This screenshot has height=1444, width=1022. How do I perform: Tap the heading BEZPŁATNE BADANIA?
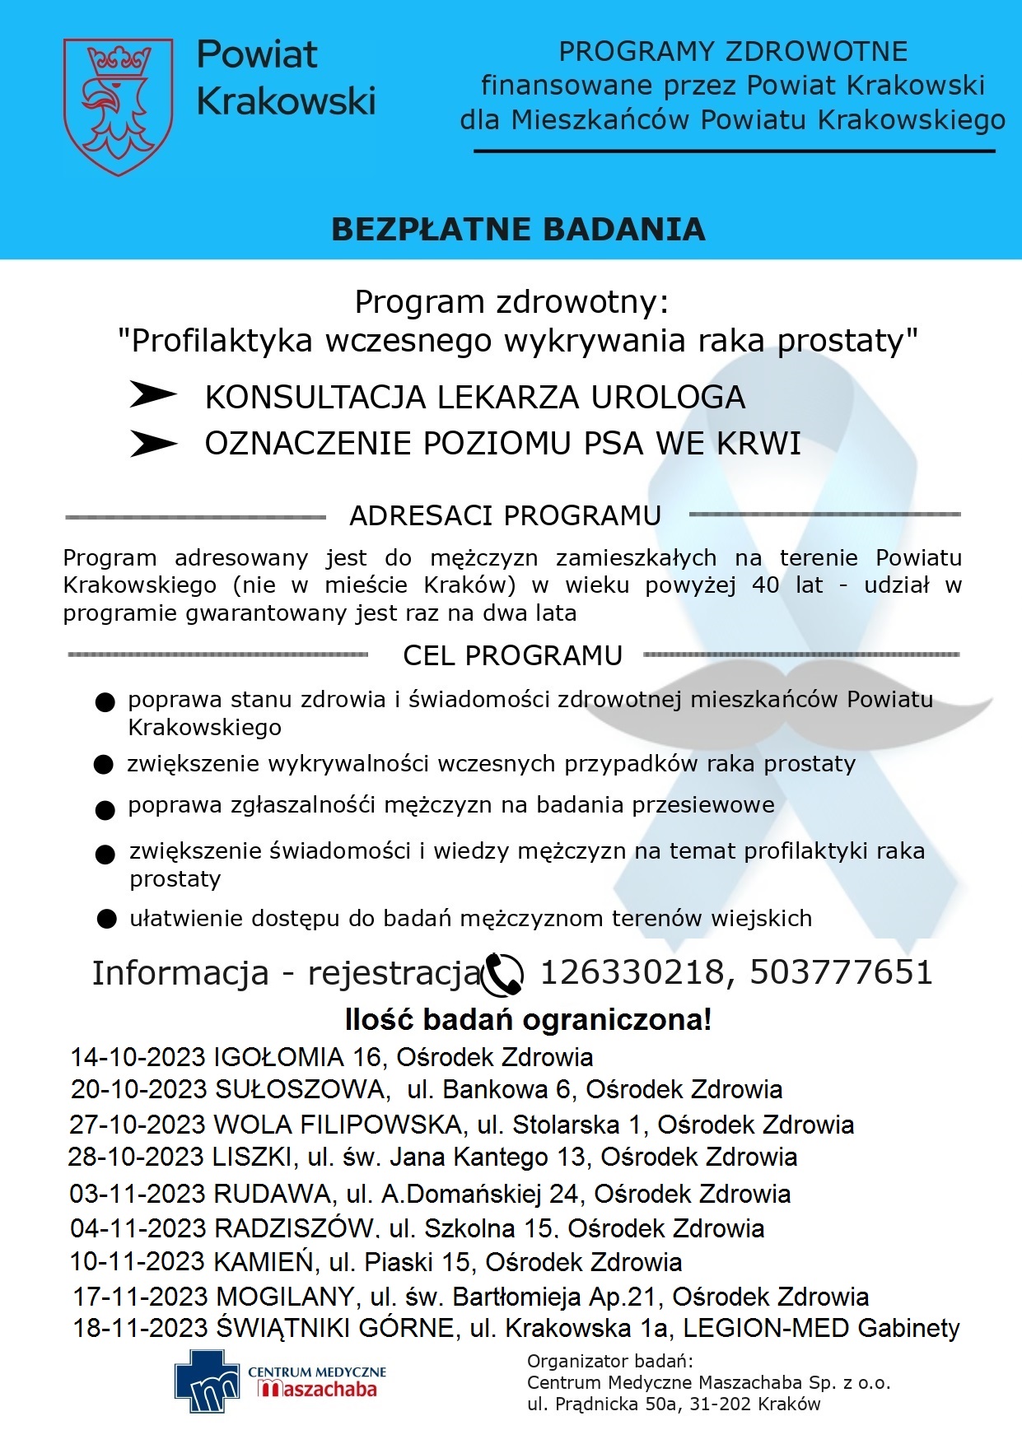click(x=518, y=230)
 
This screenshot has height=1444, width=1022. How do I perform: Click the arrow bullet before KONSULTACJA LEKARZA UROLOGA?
click(x=153, y=395)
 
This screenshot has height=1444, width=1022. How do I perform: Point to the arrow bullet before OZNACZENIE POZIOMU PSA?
click(x=153, y=444)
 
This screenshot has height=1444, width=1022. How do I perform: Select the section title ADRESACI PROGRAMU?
click(x=505, y=516)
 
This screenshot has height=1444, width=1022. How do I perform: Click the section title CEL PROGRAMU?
click(x=512, y=655)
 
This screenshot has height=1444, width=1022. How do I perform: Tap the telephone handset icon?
click(x=502, y=974)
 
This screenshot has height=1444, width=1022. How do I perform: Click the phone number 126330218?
click(x=631, y=972)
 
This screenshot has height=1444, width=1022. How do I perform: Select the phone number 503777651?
click(x=841, y=972)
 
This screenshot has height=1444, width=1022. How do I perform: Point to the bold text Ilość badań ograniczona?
click(x=528, y=1020)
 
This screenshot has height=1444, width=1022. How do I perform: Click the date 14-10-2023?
click(x=138, y=1057)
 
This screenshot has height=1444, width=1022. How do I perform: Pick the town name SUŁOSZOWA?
click(x=301, y=1089)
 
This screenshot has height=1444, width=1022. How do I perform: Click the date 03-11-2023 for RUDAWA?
click(x=138, y=1194)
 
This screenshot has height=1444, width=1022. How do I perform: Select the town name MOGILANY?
click(x=285, y=1297)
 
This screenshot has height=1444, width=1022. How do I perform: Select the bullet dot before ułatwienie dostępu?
click(x=106, y=919)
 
